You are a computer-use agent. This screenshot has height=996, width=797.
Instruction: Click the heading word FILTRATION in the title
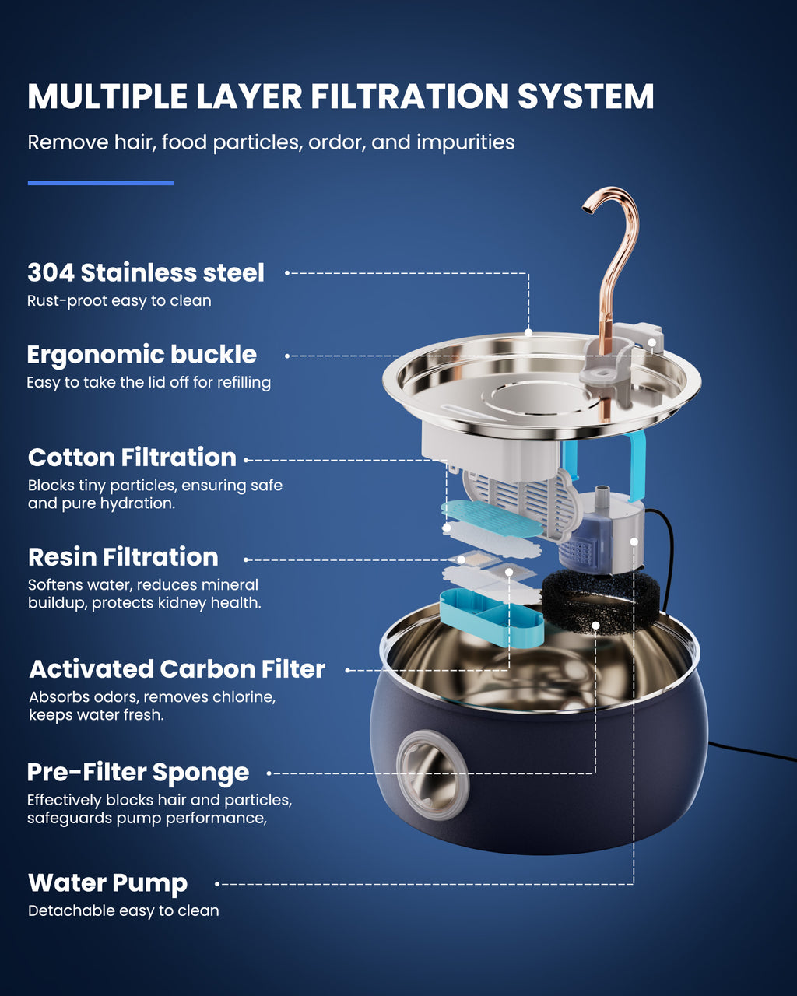[410, 96]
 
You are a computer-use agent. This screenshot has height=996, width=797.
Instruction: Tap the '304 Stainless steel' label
[146, 272]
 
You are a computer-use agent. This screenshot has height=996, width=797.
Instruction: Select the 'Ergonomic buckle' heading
[142, 355]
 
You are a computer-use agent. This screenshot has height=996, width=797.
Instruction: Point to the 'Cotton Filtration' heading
[132, 458]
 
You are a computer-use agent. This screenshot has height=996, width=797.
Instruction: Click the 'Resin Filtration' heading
[123, 557]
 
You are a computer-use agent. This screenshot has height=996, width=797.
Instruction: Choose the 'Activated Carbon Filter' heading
[177, 669]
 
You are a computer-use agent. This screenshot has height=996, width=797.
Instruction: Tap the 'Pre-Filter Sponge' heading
[138, 773]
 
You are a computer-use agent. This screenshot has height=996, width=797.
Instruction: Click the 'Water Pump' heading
[108, 883]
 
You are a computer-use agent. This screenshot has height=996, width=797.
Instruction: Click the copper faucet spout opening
[588, 211]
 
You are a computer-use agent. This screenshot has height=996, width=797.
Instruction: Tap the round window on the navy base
[433, 775]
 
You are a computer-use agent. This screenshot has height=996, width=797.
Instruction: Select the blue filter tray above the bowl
[491, 618]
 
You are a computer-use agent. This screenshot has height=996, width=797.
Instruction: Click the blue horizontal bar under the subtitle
[101, 183]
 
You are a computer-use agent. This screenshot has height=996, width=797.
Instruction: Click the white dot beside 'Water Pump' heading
[217, 884]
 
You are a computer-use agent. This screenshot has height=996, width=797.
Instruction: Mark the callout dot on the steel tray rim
[528, 332]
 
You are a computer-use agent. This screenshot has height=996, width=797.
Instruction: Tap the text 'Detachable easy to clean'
[123, 911]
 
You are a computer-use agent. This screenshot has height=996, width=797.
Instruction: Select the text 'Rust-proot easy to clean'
[119, 301]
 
